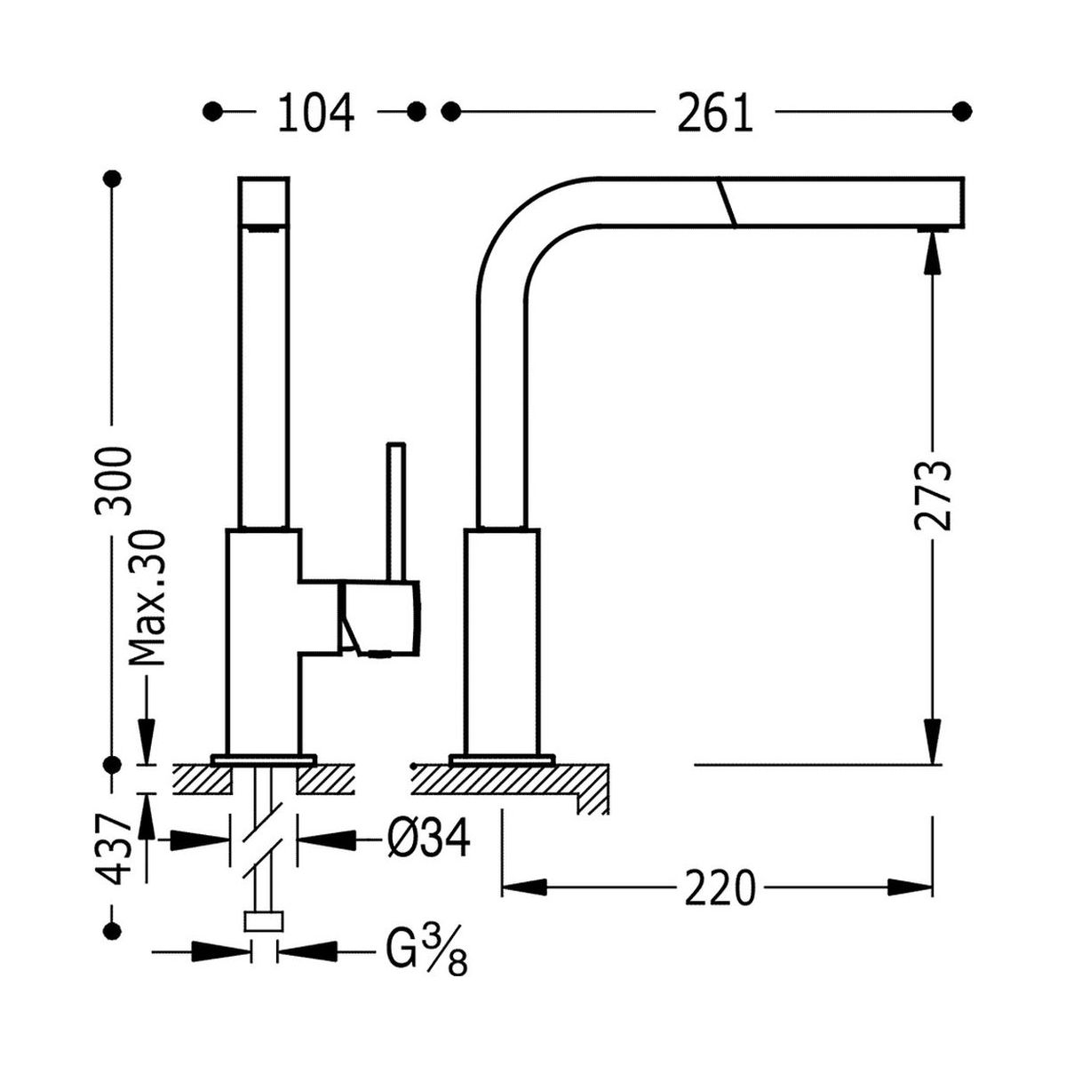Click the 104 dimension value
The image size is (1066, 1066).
click(x=316, y=113)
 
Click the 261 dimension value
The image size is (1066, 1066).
click(x=715, y=113)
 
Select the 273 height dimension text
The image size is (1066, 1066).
click(x=933, y=495)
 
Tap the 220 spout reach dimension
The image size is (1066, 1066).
click(x=720, y=887)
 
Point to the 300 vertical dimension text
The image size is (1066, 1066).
click(x=115, y=481)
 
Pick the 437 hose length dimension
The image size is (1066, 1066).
click(x=115, y=848)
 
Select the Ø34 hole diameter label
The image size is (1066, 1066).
click(x=427, y=837)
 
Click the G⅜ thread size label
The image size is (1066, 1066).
click(x=427, y=951)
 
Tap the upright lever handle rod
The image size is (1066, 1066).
click(x=395, y=511)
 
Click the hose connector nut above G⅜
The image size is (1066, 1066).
click(x=263, y=920)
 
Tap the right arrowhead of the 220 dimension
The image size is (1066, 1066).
click(x=911, y=887)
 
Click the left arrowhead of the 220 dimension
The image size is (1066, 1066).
click(x=525, y=887)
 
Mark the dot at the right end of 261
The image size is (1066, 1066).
click(x=961, y=111)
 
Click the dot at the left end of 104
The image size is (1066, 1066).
click(x=212, y=111)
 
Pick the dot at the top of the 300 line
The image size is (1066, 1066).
click(x=112, y=179)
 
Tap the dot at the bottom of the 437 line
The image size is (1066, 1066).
click(x=112, y=930)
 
